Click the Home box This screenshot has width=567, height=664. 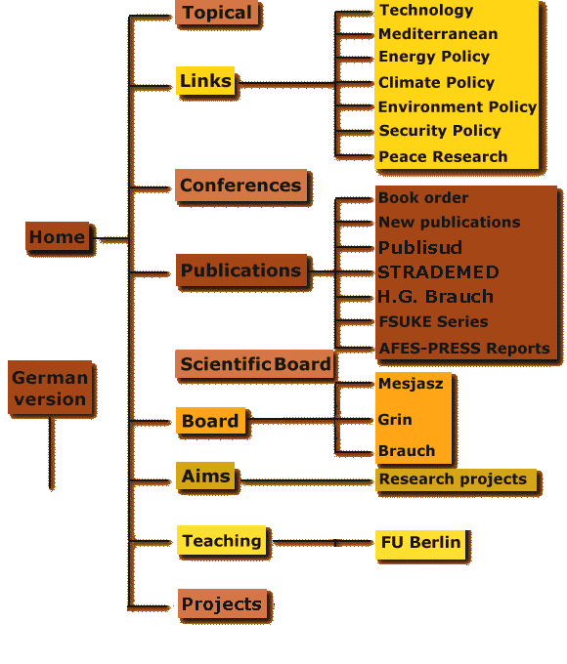pyautogui.click(x=58, y=236)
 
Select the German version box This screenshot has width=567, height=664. pyautogui.click(x=50, y=388)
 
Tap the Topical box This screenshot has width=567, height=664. pyautogui.click(x=217, y=13)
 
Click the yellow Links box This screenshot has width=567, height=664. pyautogui.click(x=205, y=80)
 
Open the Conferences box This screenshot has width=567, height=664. pyautogui.click(x=240, y=186)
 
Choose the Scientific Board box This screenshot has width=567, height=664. pyautogui.click(x=255, y=364)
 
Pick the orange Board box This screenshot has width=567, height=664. pyautogui.click(x=210, y=421)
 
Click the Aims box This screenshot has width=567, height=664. pyautogui.click(x=205, y=476)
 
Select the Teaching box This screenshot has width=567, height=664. pyautogui.click(x=221, y=540)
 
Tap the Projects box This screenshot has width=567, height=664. pyautogui.click(x=222, y=603)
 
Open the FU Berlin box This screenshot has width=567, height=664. pyautogui.click(x=420, y=542)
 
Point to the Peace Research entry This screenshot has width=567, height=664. pyautogui.click(x=443, y=156)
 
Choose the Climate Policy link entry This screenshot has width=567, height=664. pyautogui.click(x=436, y=83)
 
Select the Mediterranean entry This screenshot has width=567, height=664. pyautogui.click(x=438, y=34)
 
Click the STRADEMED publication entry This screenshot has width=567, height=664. pyautogui.click(x=438, y=271)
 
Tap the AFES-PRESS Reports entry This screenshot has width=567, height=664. pyautogui.click(x=464, y=348)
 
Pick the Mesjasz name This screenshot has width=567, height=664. pyautogui.click(x=411, y=383)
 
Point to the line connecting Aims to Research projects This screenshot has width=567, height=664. pyautogui.click(x=306, y=481)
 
